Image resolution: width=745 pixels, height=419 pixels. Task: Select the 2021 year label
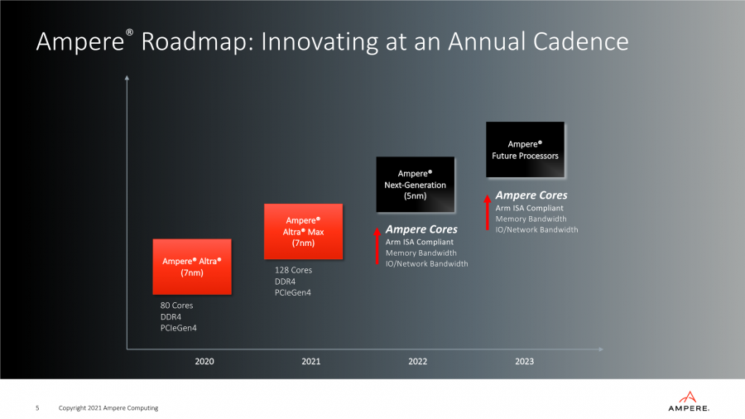coord(310,361)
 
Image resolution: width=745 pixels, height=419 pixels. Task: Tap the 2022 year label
coord(418,361)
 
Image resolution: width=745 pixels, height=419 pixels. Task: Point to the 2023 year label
coord(524,361)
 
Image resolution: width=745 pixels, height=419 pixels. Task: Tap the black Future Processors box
coord(525,150)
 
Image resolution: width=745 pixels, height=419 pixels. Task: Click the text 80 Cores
coord(177,306)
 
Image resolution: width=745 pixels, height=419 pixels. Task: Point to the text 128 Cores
coord(293,270)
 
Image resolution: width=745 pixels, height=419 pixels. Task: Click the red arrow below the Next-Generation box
coord(377,246)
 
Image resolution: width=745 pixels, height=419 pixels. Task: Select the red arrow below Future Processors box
coord(487,211)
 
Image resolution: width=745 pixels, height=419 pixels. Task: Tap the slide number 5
coord(36,407)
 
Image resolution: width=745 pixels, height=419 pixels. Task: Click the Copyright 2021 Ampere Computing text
coord(108,407)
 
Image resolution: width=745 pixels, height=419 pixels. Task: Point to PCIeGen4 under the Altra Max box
coord(293,292)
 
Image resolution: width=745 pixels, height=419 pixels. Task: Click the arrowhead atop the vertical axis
coord(127,78)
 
